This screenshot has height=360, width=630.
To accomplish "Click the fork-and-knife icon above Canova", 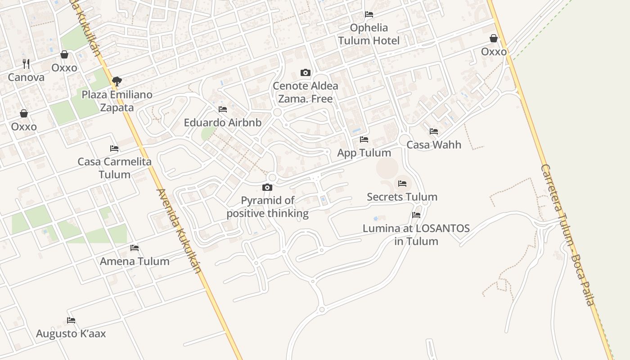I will (x=26, y=64).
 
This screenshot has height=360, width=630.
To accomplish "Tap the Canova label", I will (x=26, y=77).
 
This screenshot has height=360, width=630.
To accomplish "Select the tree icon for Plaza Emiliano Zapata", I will (x=117, y=81).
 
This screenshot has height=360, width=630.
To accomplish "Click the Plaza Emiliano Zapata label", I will (x=117, y=101).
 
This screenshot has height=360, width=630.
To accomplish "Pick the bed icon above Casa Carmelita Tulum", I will (x=114, y=148).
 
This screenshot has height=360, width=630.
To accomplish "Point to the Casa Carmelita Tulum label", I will (x=114, y=168).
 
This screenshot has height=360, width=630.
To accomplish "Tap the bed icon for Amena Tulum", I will (x=134, y=248).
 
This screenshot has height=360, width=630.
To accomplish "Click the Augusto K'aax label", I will (x=71, y=333).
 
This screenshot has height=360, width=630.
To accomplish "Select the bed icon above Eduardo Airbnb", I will (x=222, y=109).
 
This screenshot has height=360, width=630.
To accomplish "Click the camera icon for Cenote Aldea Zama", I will (x=305, y=72).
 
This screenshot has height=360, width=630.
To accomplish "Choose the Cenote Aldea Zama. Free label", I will (x=306, y=92).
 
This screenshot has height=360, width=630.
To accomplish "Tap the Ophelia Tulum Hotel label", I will (x=369, y=34).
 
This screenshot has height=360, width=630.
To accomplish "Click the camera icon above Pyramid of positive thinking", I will (x=267, y=187).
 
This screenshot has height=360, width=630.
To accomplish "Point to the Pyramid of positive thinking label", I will (x=268, y=207).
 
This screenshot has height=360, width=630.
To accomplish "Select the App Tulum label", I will (x=364, y=153).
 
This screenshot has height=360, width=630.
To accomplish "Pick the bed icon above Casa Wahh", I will (x=434, y=131).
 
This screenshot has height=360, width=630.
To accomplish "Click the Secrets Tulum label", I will (x=402, y=197).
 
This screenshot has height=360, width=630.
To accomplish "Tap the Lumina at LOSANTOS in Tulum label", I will (x=416, y=234).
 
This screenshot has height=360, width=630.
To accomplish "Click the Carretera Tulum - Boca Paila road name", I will (x=567, y=235).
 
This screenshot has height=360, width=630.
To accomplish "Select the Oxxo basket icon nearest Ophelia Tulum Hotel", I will (x=494, y=38).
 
